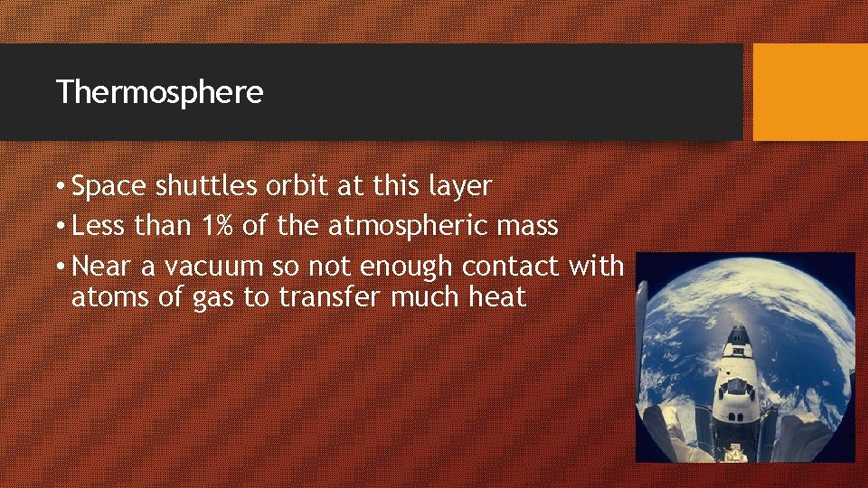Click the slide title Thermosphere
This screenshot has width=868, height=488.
coord(159,92)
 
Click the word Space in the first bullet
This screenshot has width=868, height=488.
coord(109,186)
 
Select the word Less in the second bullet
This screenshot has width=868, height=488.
coord(99,225)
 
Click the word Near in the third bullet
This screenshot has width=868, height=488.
coord(100,266)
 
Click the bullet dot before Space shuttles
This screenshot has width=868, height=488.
coord(60,187)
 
